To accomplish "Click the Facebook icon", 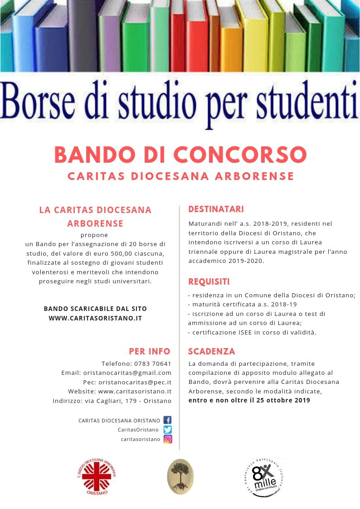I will point(167,420).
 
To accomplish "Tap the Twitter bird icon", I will point(167,429).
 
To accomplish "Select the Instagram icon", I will point(167,439).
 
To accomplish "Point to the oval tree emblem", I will point(180,476).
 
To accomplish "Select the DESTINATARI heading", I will point(216,209).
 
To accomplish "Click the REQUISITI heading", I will point(209,282).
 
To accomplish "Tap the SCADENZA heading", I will point(211,351).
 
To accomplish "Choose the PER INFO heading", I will point(150,351).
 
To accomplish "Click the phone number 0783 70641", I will point(153,364).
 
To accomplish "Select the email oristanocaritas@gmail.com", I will point(127,373).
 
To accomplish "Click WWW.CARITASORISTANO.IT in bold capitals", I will point(95,318).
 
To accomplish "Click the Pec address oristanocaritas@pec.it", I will point(135,382).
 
